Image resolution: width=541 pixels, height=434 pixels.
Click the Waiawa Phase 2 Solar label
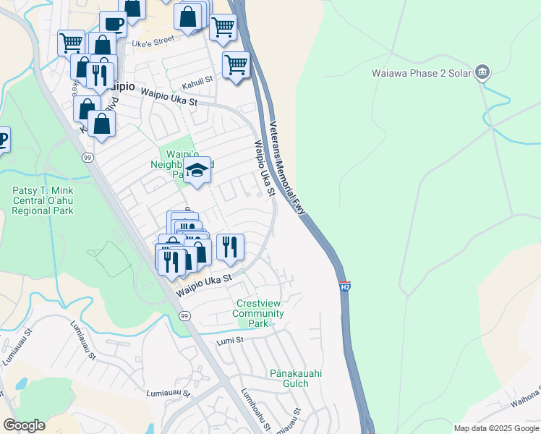pos(421,73)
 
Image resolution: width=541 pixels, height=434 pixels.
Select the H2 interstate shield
pos(344,286)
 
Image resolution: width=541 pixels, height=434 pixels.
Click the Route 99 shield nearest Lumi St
pos(184,316)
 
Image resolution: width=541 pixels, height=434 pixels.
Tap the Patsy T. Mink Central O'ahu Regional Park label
pos(43,201)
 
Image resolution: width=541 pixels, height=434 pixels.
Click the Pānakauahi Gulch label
pos(295,378)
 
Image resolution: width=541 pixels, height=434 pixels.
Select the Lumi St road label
pos(229,341)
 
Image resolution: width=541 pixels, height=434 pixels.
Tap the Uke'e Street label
pos(153,43)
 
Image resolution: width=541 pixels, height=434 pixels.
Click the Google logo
pos(24,425)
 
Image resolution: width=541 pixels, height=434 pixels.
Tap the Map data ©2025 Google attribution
pos(496,428)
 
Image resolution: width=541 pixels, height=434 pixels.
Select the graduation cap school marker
pos(197,171)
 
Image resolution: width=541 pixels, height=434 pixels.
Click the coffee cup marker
pos(114,23)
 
